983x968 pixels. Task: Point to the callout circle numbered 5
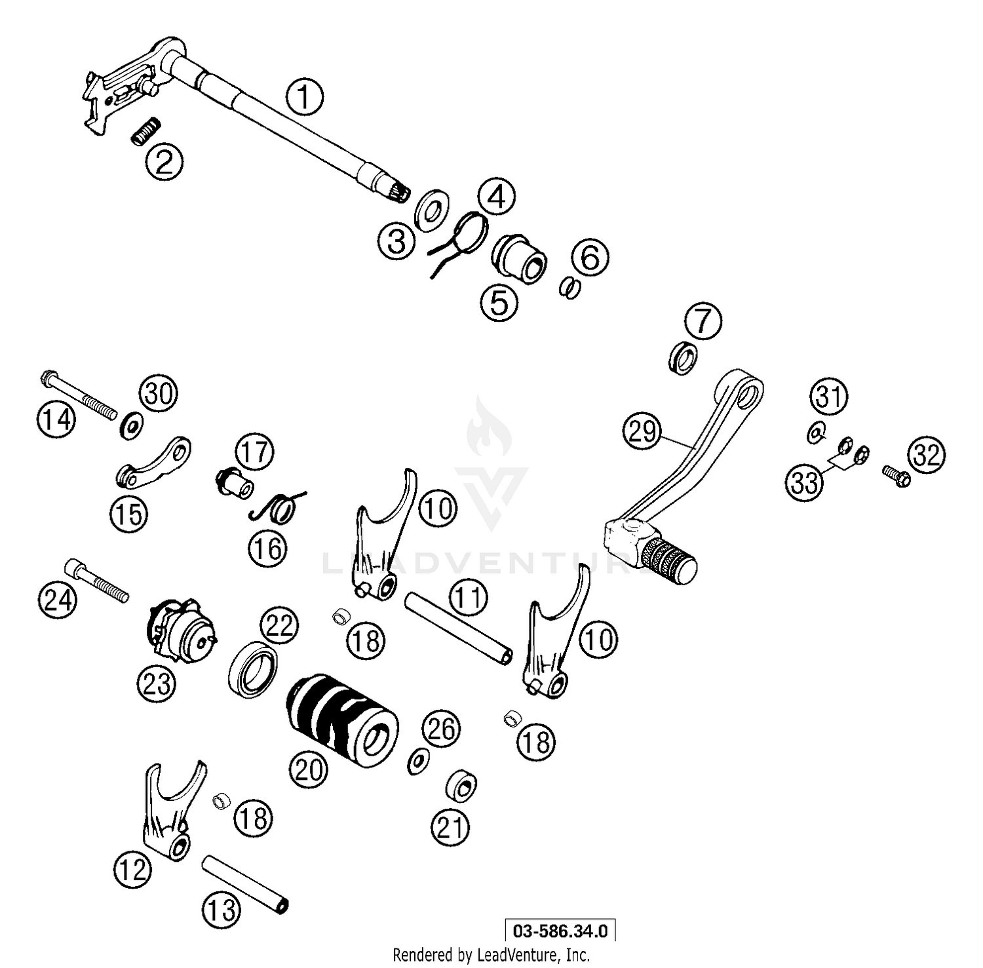(499, 303)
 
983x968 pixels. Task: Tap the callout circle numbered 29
(642, 431)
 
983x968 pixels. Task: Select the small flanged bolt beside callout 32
(895, 476)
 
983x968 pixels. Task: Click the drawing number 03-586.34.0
(560, 931)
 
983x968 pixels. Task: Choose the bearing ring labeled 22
(252, 669)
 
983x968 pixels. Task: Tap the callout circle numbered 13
(221, 910)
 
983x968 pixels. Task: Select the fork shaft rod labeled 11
(457, 627)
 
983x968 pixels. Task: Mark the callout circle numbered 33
(805, 482)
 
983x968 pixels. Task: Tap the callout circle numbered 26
(441, 729)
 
